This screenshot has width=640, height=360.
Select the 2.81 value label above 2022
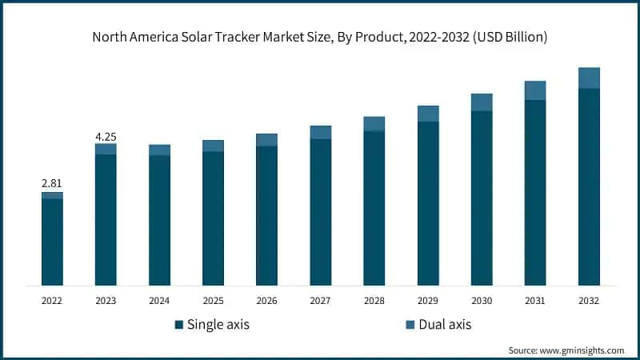click(x=52, y=183)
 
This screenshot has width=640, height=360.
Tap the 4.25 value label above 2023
click(x=106, y=135)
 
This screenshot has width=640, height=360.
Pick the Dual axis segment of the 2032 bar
click(x=589, y=78)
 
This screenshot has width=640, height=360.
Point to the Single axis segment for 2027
click(x=320, y=212)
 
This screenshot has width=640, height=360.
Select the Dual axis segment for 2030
click(x=482, y=102)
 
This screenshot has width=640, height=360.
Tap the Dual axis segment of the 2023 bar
click(x=106, y=149)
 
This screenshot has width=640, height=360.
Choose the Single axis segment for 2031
click(x=535, y=192)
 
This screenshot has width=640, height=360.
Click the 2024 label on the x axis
click(x=159, y=301)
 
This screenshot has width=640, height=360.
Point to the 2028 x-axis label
click(x=374, y=301)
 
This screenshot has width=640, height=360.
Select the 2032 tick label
click(x=589, y=301)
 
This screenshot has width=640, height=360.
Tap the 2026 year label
click(x=266, y=301)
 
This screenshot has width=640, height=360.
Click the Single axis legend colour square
click(x=179, y=325)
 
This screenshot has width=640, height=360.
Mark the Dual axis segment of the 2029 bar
click(x=428, y=114)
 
